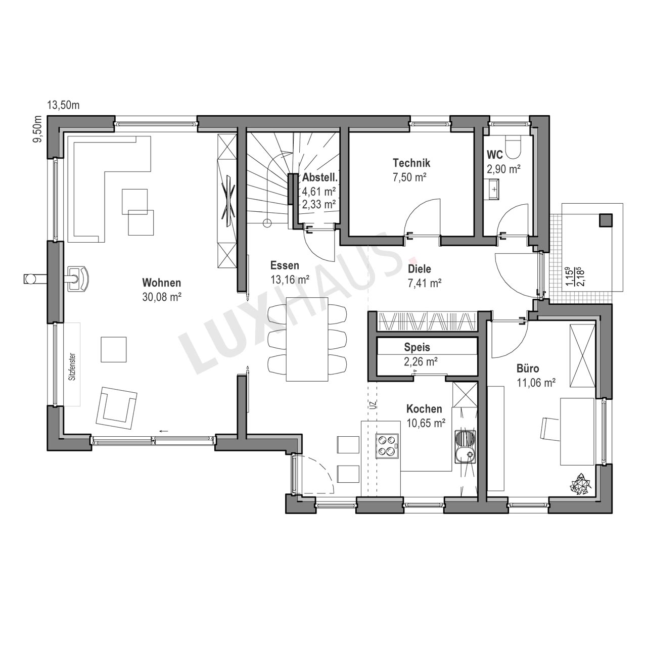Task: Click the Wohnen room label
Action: pyautogui.click(x=162, y=283)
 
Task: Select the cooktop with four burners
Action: pyautogui.click(x=387, y=445)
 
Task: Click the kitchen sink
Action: pyautogui.click(x=466, y=447)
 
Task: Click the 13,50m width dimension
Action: pyautogui.click(x=63, y=106)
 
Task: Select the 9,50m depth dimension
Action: pyautogui.click(x=38, y=129)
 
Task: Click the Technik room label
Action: pyautogui.click(x=411, y=163)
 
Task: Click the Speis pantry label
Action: pyautogui.click(x=417, y=347)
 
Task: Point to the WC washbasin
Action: pyautogui.click(x=492, y=190)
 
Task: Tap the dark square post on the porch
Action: pyautogui.click(x=606, y=220)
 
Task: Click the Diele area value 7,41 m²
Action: pyautogui.click(x=425, y=283)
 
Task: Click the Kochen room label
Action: pyautogui.click(x=424, y=409)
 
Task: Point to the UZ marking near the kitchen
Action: pyautogui.click(x=374, y=404)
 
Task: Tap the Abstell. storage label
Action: pyautogui.click(x=319, y=177)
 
